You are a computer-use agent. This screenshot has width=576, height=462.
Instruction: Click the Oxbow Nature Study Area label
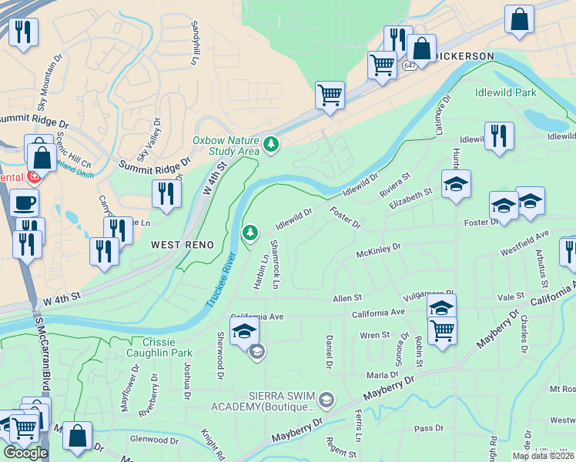click(226, 146)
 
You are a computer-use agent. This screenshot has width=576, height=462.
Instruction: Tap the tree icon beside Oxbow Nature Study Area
click(270, 143)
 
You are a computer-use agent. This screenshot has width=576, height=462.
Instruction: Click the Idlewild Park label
click(505, 92)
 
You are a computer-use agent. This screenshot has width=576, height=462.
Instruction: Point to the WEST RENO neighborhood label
click(182, 244)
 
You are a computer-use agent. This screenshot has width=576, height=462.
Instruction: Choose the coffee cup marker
click(24, 203)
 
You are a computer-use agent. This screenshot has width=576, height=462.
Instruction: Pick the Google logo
click(25, 453)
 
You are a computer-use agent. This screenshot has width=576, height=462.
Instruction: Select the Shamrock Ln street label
click(275, 264)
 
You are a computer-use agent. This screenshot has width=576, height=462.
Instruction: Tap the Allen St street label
click(347, 297)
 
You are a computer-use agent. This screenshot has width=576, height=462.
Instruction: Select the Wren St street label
click(375, 336)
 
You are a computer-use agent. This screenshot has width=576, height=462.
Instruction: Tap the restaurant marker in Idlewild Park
click(499, 136)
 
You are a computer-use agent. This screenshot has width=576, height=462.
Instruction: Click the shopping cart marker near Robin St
click(442, 330)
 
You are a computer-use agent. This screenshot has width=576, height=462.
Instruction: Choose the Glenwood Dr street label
click(154, 440)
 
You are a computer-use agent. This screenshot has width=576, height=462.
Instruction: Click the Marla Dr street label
click(383, 374)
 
